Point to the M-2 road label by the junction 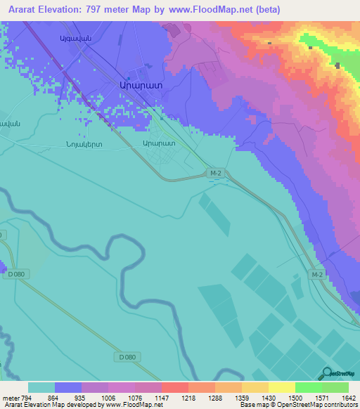point(217,171)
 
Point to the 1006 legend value point(108,397)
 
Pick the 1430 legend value point(267,397)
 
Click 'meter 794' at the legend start point(14,397)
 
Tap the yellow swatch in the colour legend point(281,387)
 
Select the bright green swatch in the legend point(308,387)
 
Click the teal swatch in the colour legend point(41,387)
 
